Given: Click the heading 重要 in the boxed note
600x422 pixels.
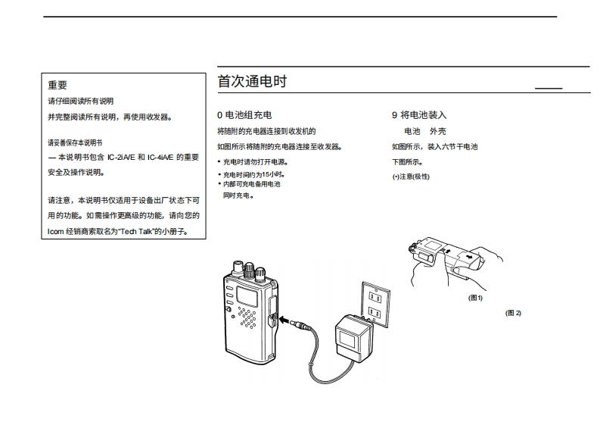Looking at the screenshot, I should click(x=58, y=86).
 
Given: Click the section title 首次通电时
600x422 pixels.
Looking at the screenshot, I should click(x=252, y=81).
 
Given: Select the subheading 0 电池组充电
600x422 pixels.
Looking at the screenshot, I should click(x=244, y=115).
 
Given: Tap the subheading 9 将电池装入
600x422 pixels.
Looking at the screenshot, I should click(x=419, y=115).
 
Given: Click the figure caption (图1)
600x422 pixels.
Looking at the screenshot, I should click(x=475, y=298).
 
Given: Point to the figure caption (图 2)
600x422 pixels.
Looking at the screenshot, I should click(x=514, y=313).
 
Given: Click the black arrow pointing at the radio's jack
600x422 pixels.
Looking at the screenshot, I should click(x=286, y=320).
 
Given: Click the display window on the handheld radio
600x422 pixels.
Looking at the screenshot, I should click(x=247, y=295).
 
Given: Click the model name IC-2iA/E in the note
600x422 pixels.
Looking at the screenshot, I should click(x=121, y=157).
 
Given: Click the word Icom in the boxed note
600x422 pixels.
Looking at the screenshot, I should click(x=55, y=232).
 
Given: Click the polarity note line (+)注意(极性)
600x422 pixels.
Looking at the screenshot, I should click(x=410, y=176).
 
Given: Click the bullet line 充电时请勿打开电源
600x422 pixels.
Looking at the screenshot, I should click(x=253, y=161).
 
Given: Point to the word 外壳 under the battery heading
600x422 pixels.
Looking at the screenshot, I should click(x=437, y=131).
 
